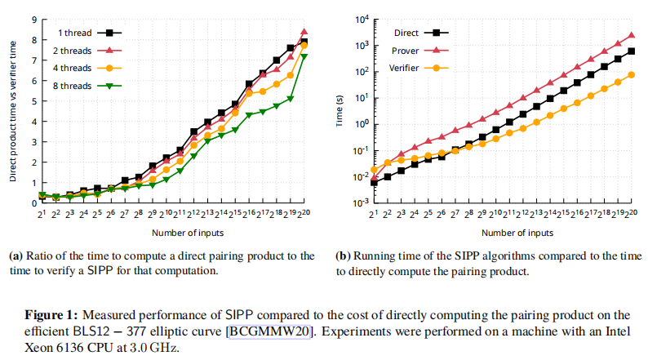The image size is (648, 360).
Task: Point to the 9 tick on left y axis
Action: pos(32,19)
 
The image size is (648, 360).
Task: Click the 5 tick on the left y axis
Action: pos(32,101)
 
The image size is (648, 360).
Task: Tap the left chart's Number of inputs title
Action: pos(172,233)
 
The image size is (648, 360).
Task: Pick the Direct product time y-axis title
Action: pos(13,111)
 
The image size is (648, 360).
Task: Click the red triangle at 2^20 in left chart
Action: pos(304,32)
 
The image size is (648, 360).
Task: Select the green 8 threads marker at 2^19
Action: pos(290,98)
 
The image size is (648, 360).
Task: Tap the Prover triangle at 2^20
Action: pos(631,35)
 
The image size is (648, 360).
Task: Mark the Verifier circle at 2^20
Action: pos(631,75)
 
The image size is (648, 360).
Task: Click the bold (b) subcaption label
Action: pos(344,256)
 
